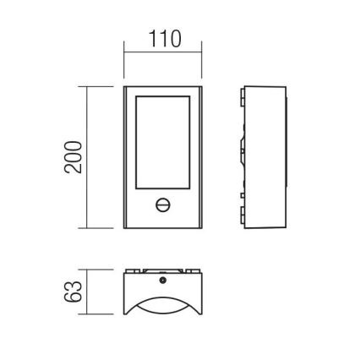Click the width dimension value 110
[x=164, y=39]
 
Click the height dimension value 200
[x=74, y=157]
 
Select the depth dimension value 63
[x=74, y=292]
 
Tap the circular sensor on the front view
[x=163, y=205]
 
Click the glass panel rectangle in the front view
[x=163, y=143]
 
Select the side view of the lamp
[x=264, y=157]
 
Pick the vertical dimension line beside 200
[x=90, y=157]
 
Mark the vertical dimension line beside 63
[x=90, y=292]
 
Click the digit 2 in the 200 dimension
[x=74, y=169]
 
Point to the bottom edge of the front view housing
[x=163, y=229]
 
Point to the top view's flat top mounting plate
[x=163, y=272]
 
